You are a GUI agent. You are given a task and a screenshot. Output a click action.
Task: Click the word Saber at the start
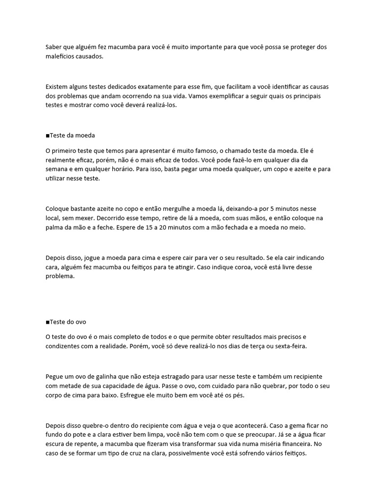point(54,47)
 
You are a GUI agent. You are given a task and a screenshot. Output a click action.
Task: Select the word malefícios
point(61,56)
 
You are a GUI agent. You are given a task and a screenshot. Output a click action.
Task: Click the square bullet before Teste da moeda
point(47,136)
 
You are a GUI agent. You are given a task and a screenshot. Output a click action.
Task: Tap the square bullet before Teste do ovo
point(47,322)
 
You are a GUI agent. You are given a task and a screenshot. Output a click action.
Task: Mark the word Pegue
point(54,376)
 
